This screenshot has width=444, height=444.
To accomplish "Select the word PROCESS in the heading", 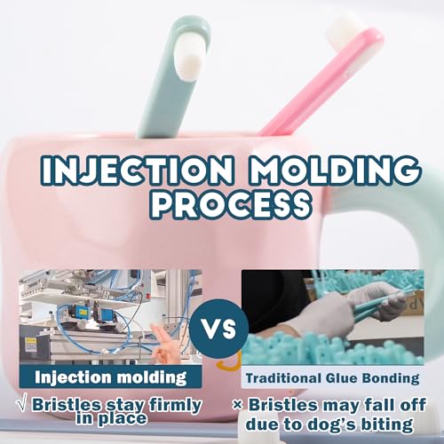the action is pos(234,202).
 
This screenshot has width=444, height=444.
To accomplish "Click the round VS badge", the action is pos(218,328).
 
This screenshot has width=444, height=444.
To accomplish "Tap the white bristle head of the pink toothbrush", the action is pos(346,29).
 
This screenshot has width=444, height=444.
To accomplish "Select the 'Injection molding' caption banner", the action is pos(110,377).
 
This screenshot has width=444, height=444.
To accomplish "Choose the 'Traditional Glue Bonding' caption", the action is pos(332,378).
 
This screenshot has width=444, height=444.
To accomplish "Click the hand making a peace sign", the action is pos(163,345).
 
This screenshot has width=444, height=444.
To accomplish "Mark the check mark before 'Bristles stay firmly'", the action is pos(24,405).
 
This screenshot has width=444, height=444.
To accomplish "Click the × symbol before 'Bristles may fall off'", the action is pos(237,405).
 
